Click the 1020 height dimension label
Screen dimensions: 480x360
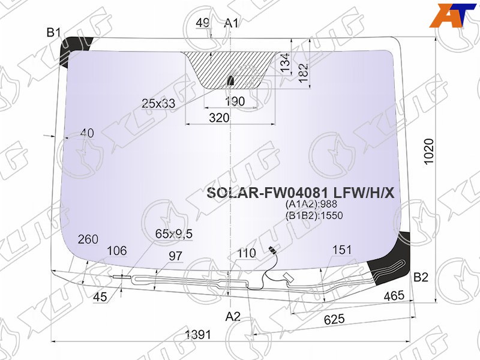point(429,152)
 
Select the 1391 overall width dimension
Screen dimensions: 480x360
point(198,334)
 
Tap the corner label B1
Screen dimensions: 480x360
point(54,32)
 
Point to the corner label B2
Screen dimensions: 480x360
point(421,277)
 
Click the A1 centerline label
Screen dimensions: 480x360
point(231,23)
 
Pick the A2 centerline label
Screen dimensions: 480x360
point(233,317)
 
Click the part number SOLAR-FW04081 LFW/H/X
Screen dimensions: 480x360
point(301,193)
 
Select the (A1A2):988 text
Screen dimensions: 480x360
point(311,204)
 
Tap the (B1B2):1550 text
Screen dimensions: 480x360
point(314,215)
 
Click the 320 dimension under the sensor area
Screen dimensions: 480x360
point(219,118)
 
